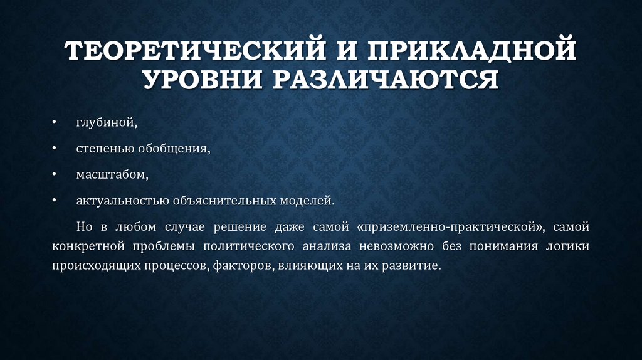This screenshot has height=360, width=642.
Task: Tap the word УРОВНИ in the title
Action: (199, 80)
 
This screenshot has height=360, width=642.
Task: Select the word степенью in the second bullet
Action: (101, 149)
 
